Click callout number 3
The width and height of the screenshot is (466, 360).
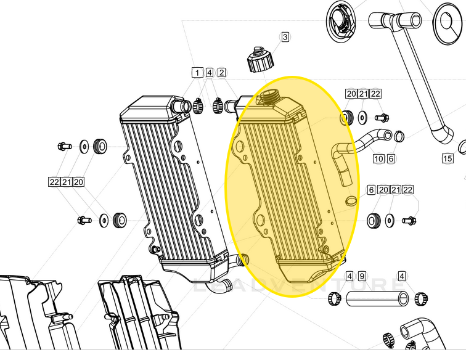coord(285,37)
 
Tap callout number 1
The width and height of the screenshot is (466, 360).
coord(197,73)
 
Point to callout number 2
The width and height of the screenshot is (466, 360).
coord(221,73)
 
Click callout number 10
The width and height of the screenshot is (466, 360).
coord(378,158)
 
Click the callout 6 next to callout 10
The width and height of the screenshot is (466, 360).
coord(391,158)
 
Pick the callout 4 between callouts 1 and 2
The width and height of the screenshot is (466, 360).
coord(210,73)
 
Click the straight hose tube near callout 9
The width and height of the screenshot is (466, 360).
coord(377,299)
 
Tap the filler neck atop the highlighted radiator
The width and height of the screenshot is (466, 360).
coord(269,96)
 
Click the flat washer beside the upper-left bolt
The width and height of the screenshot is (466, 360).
coord(83,146)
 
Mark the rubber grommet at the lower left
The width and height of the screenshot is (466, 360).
coord(120,218)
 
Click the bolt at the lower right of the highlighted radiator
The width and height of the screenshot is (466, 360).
coord(409,219)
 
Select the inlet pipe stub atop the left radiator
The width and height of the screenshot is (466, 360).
coord(183,106)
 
